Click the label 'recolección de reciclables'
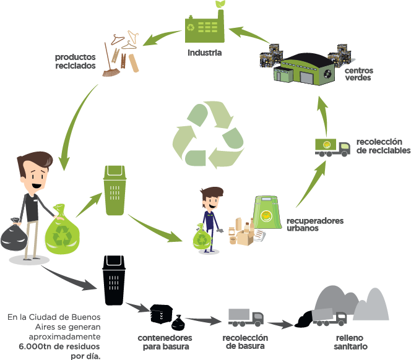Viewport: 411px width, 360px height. (383, 147)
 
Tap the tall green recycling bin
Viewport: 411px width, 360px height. (115, 190)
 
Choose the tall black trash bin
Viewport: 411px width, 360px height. (114, 281)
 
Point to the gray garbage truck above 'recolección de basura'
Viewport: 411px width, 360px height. (245, 317)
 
